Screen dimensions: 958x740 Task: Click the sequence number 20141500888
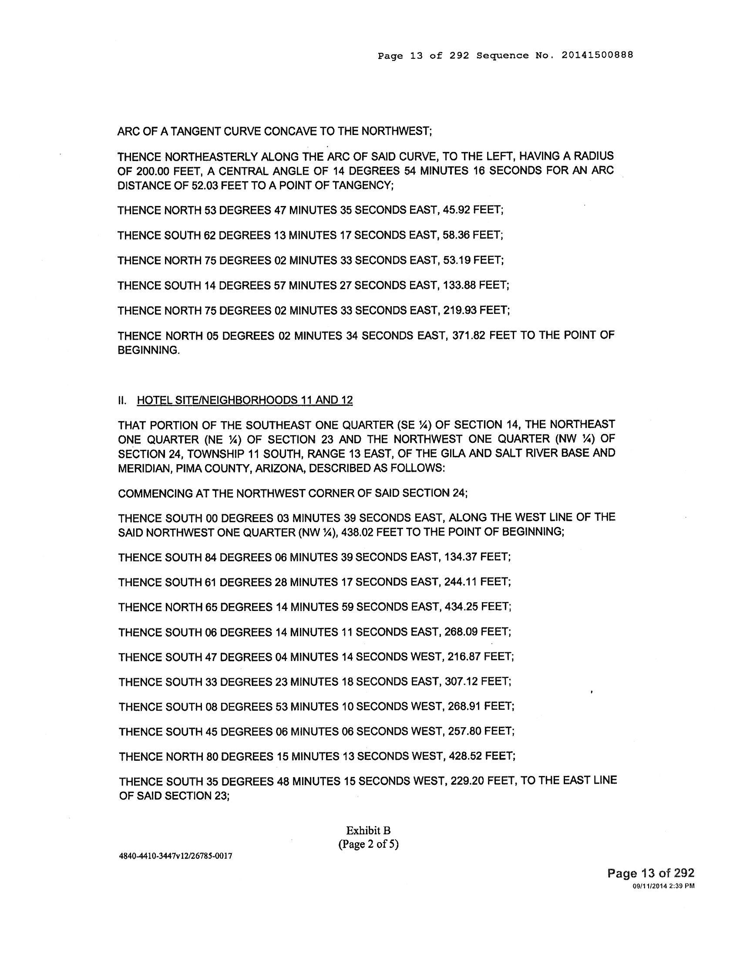tap(596, 56)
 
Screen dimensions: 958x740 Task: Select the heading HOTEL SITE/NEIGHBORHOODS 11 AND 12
tap(245, 400)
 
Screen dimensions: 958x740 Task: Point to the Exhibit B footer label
tap(368, 830)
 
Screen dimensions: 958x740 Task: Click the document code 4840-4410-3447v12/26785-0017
tap(175, 856)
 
